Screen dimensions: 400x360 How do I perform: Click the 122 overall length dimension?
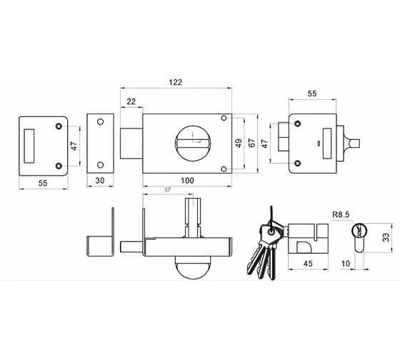(176, 82)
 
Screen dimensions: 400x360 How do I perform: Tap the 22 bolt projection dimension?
(131, 101)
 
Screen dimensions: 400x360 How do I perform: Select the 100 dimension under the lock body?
(187, 181)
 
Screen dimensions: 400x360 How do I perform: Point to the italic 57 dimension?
(167, 190)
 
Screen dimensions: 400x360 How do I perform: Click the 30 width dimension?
(100, 181)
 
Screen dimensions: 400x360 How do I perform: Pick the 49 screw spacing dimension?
(239, 144)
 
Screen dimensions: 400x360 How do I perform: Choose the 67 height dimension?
(251, 143)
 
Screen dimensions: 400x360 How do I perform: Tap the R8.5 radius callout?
(341, 215)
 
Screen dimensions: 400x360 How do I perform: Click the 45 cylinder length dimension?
(308, 264)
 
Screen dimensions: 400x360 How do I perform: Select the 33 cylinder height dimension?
(386, 237)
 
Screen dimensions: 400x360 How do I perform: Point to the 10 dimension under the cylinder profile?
(346, 264)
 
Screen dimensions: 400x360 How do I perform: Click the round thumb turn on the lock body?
(193, 144)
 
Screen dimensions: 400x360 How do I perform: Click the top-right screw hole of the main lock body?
(224, 118)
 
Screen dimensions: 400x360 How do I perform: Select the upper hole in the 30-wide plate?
(101, 121)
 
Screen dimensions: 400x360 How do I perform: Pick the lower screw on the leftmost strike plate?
(59, 166)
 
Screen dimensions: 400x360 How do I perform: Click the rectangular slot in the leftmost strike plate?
(29, 146)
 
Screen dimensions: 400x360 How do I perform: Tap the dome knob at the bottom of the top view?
(193, 267)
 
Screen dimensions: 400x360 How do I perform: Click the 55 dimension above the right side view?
(312, 94)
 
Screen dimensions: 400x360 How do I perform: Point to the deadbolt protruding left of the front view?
(131, 144)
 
